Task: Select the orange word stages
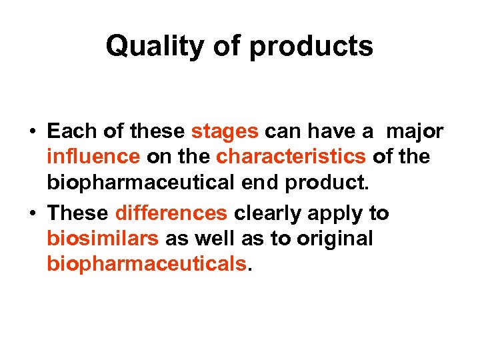pyautogui.click(x=225, y=131)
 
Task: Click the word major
pyautogui.click(x=414, y=131)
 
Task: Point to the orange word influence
pyautogui.click(x=93, y=157)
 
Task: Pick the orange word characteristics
pyautogui.click(x=291, y=157)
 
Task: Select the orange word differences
pyautogui.click(x=171, y=213)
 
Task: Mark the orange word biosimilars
pyautogui.click(x=103, y=239)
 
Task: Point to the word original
pyautogui.click(x=332, y=239)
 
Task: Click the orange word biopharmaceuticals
pyautogui.click(x=147, y=264)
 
